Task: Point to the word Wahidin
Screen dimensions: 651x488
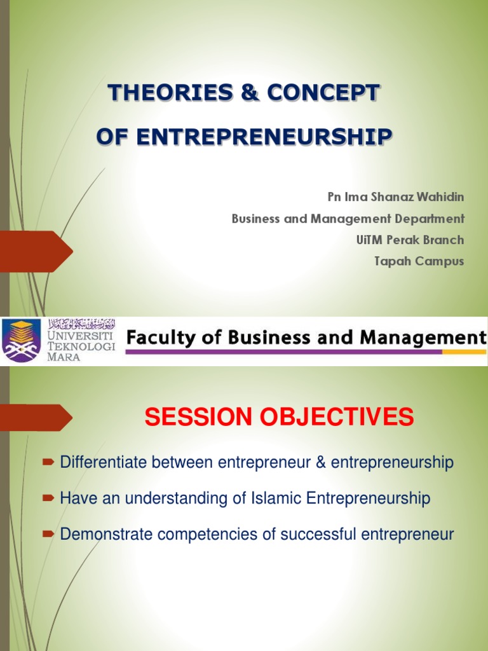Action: [x=441, y=198]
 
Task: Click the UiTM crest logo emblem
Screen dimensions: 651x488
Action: [x=22, y=339]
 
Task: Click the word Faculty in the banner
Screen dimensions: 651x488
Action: [x=155, y=338]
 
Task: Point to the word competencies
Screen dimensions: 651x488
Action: [x=210, y=535]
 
